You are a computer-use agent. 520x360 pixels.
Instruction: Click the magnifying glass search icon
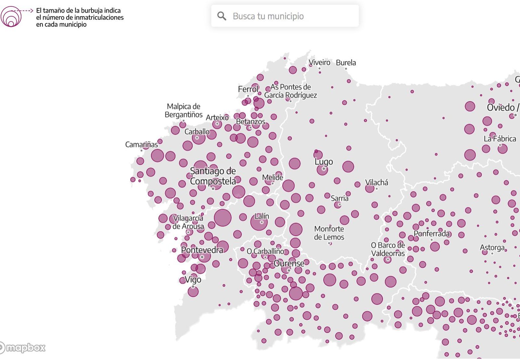[222, 16]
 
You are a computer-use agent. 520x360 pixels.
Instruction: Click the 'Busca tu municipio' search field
[286, 16]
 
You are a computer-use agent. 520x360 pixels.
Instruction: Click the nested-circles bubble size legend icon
[11, 17]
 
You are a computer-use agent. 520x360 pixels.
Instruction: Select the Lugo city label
[324, 161]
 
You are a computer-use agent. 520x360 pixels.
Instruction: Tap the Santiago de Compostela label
[213, 176]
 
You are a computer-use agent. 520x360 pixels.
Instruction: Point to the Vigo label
[193, 279]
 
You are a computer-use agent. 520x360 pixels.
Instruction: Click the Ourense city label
[289, 263]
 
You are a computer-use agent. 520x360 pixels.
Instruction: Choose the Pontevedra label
[202, 250]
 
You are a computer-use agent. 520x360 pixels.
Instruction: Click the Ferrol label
[248, 89]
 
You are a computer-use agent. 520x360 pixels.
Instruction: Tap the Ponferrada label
[432, 234]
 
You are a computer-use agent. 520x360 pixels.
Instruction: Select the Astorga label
[492, 248]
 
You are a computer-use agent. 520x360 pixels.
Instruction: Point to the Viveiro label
[319, 62]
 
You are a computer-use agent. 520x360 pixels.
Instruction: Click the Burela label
[346, 63]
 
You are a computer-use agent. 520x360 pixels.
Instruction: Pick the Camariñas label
[141, 144]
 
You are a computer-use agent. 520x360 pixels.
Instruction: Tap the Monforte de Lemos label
[329, 233]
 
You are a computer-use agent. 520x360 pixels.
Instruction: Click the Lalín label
[262, 216]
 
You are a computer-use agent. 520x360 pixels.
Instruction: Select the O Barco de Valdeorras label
[388, 249]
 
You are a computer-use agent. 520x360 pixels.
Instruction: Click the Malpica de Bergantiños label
[183, 110]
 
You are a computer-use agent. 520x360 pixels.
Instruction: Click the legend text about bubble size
[80, 18]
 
